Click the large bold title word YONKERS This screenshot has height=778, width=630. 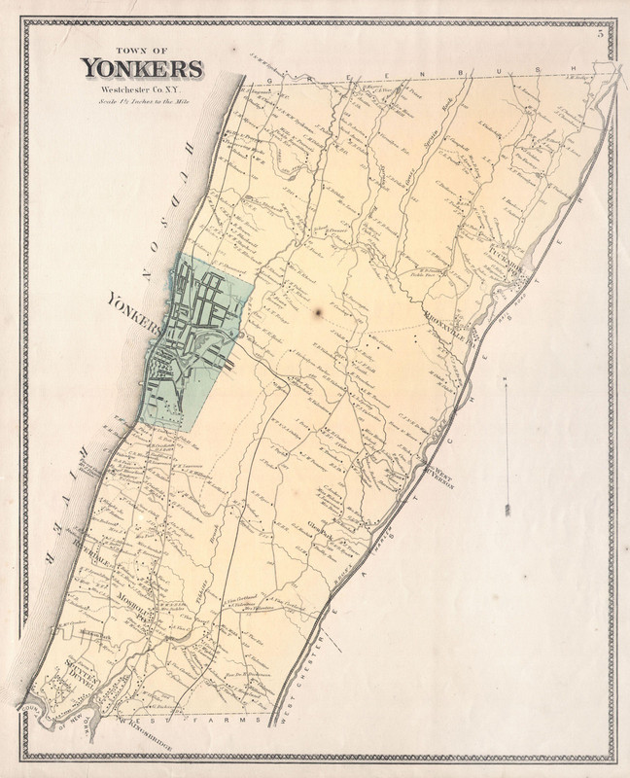[x=142, y=68]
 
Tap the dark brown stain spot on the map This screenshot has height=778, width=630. [x=318, y=313]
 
